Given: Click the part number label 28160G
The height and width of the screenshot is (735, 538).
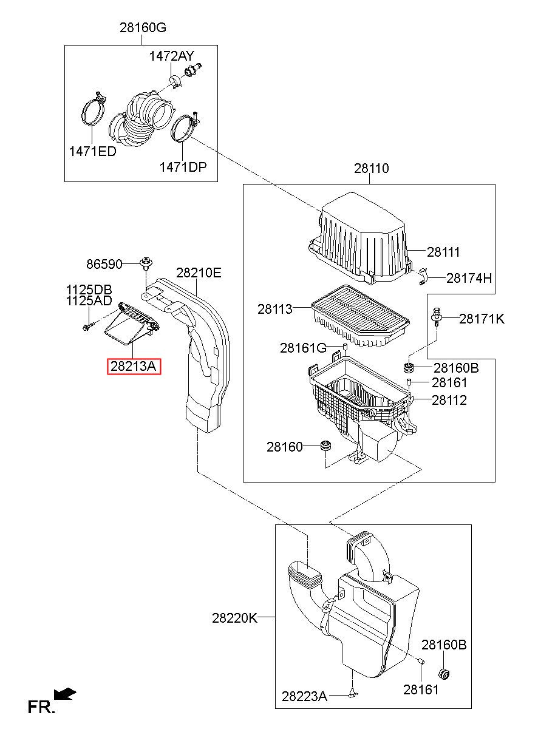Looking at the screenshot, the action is click(143, 27).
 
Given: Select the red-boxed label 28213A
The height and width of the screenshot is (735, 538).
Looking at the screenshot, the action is click(134, 366).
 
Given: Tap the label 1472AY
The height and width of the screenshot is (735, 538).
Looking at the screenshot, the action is click(172, 56).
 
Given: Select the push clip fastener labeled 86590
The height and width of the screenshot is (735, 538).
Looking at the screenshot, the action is click(145, 264).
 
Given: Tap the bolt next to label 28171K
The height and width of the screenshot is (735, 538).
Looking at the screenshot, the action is click(436, 317).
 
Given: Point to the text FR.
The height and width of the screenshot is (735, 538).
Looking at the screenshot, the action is click(41, 707).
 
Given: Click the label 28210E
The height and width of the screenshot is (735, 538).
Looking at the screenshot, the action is click(199, 273).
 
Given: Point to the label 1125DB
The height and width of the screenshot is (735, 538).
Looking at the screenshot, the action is click(89, 290).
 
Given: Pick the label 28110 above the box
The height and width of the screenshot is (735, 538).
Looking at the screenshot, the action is click(371, 168).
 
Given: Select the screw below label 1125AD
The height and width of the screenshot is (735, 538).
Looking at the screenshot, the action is click(89, 326).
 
